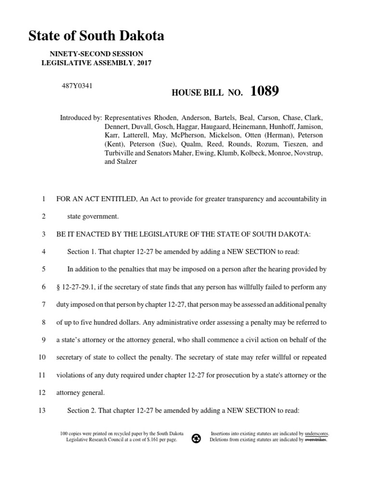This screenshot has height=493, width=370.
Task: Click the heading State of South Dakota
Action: (x=96, y=36)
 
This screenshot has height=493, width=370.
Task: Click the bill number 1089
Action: (x=264, y=91)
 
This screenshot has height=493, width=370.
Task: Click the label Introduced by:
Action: (x=80, y=118)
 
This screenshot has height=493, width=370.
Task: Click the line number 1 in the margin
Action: (x=43, y=199)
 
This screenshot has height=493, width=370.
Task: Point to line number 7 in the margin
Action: (x=43, y=304)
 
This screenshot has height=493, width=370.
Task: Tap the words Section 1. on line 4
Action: (x=83, y=252)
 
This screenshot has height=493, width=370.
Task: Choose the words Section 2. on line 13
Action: (x=83, y=410)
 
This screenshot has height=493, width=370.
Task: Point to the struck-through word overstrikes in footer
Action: (x=315, y=440)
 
